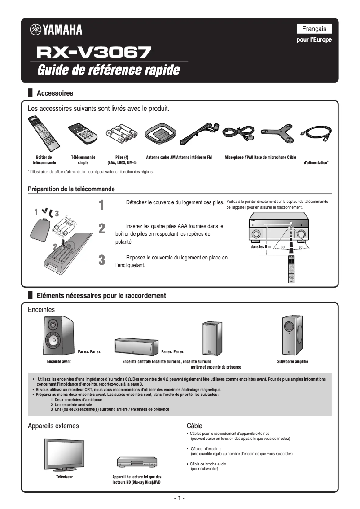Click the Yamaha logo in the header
pyautogui.click(x=56, y=30)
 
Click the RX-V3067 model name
pyautogui.click(x=93, y=53)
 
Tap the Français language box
pyautogui.click(x=314, y=29)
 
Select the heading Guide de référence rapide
pyautogui.click(x=108, y=70)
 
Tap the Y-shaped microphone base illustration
pyautogui.click(x=277, y=132)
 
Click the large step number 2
pyautogui.click(x=102, y=228)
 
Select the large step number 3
pyautogui.click(x=102, y=260)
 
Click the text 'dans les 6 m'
pyautogui.click(x=261, y=247)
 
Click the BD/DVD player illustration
pyautogui.click(x=136, y=462)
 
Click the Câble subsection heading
pyautogui.click(x=194, y=426)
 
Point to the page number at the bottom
pyautogui.click(x=180, y=499)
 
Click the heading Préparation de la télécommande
pyautogui.click(x=71, y=189)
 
